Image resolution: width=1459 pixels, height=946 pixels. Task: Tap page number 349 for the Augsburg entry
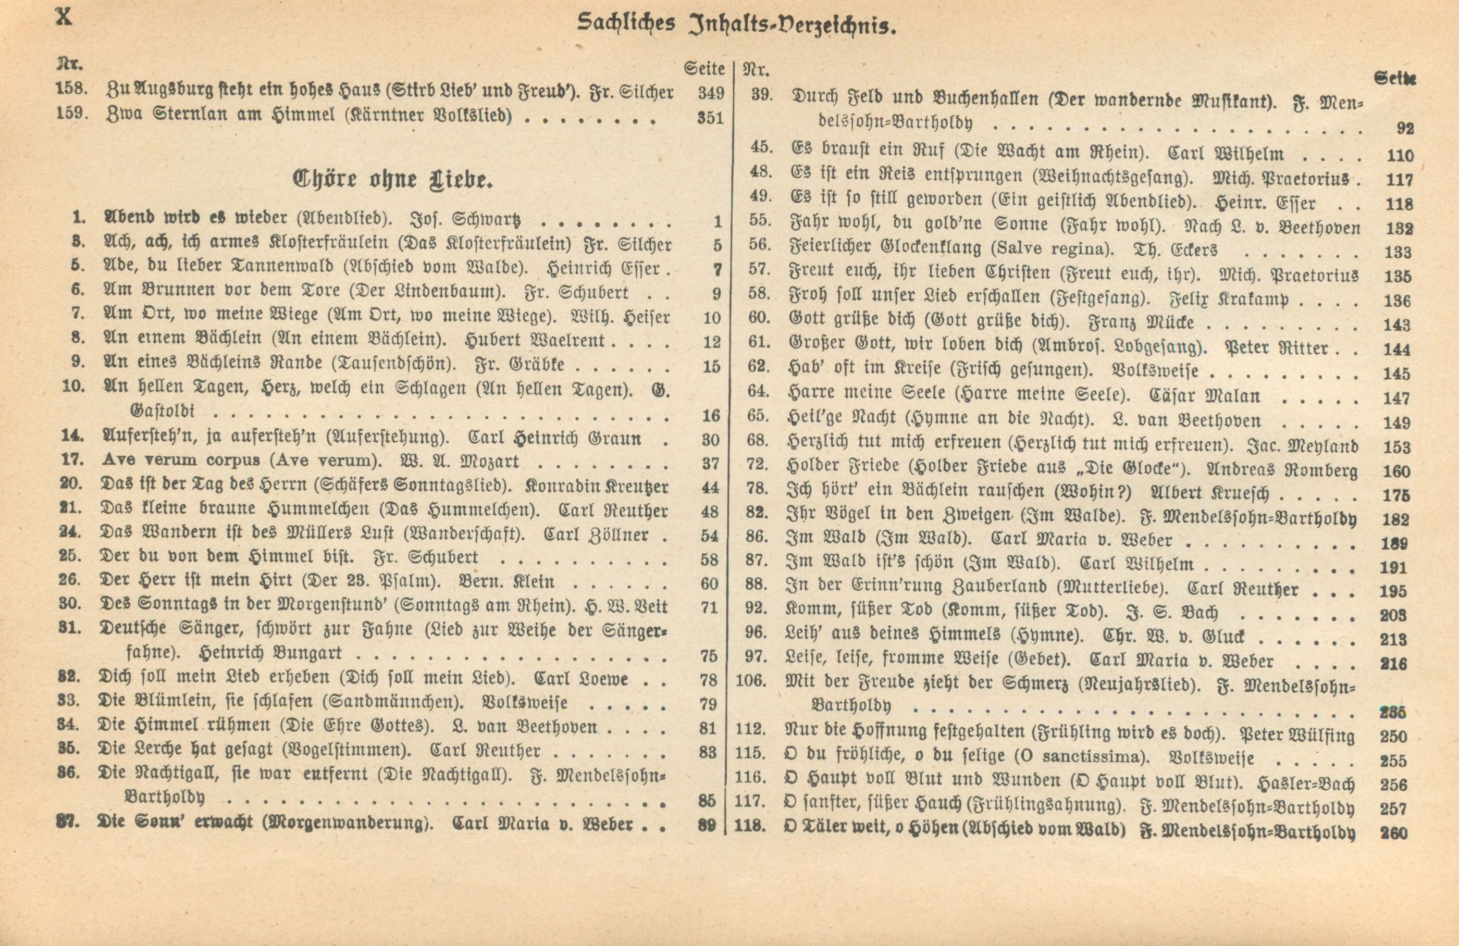coord(711,93)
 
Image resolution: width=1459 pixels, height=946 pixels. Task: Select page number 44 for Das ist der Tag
coord(709,488)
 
